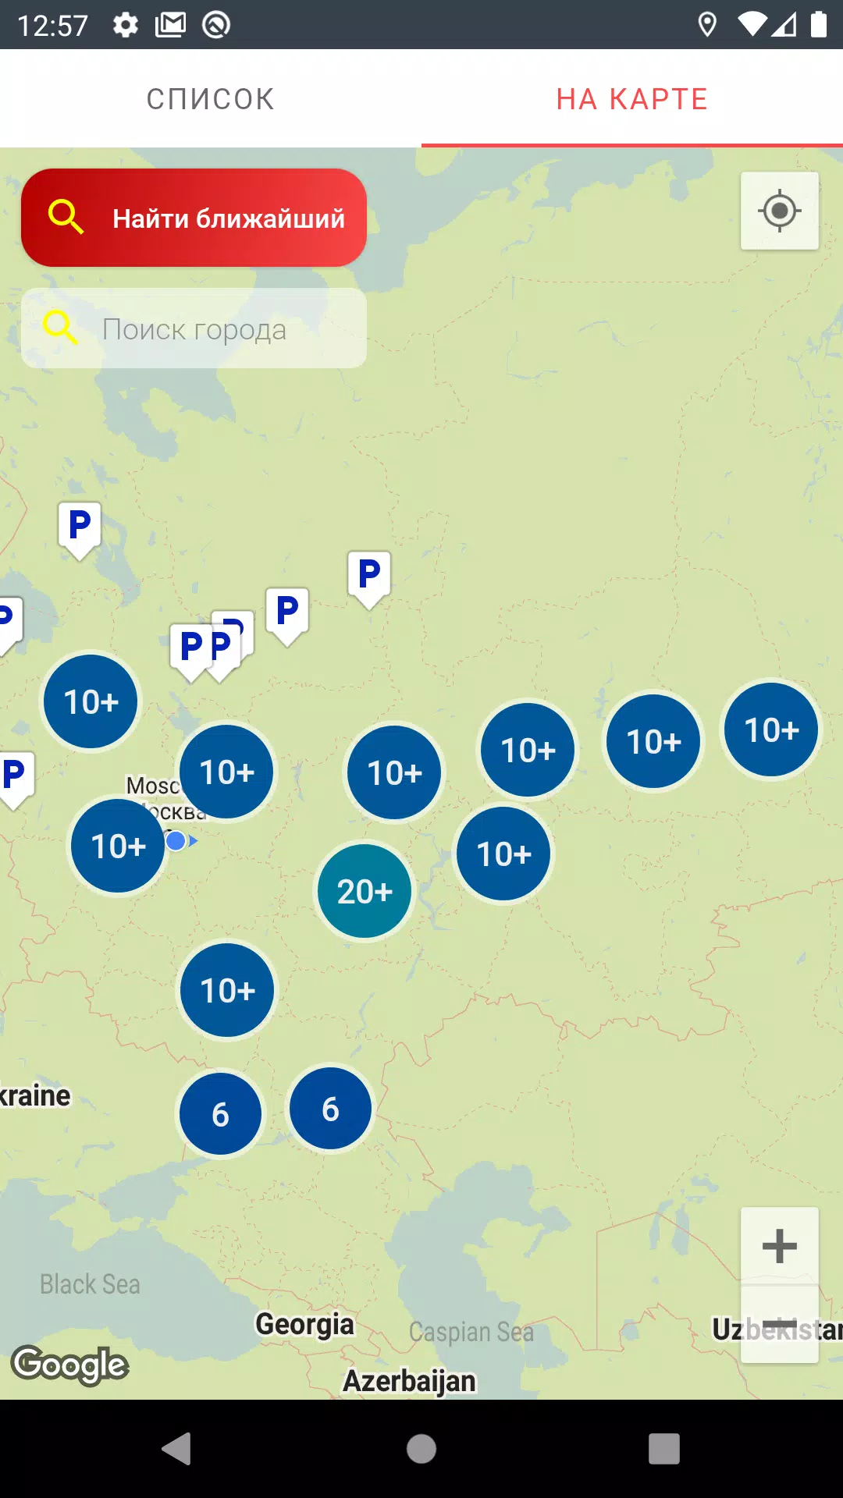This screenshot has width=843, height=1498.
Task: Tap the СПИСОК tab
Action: (x=210, y=99)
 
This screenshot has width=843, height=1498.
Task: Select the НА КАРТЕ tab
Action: (x=631, y=99)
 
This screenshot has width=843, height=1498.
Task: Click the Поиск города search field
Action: (x=194, y=329)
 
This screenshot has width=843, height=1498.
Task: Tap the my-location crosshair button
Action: (x=779, y=211)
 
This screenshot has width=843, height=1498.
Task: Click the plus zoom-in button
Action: (x=779, y=1246)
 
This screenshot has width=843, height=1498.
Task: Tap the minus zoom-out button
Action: (x=779, y=1325)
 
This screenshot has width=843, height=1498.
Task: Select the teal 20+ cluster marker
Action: (x=365, y=891)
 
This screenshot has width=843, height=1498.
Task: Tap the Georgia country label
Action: (x=304, y=1324)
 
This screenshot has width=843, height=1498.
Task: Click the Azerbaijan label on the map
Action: (x=409, y=1380)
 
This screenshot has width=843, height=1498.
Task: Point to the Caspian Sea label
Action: (x=471, y=1332)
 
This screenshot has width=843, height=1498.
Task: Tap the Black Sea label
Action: (x=90, y=1284)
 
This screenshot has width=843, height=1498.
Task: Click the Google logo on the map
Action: (x=70, y=1365)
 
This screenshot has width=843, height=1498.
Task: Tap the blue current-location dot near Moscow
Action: (x=176, y=840)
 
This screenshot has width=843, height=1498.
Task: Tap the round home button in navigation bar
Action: (x=421, y=1449)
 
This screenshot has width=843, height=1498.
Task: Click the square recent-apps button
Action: (x=663, y=1449)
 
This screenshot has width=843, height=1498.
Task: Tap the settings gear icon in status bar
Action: (x=126, y=25)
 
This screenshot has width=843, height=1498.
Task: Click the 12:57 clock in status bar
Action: (x=52, y=25)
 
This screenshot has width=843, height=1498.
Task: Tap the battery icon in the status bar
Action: (x=818, y=25)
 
